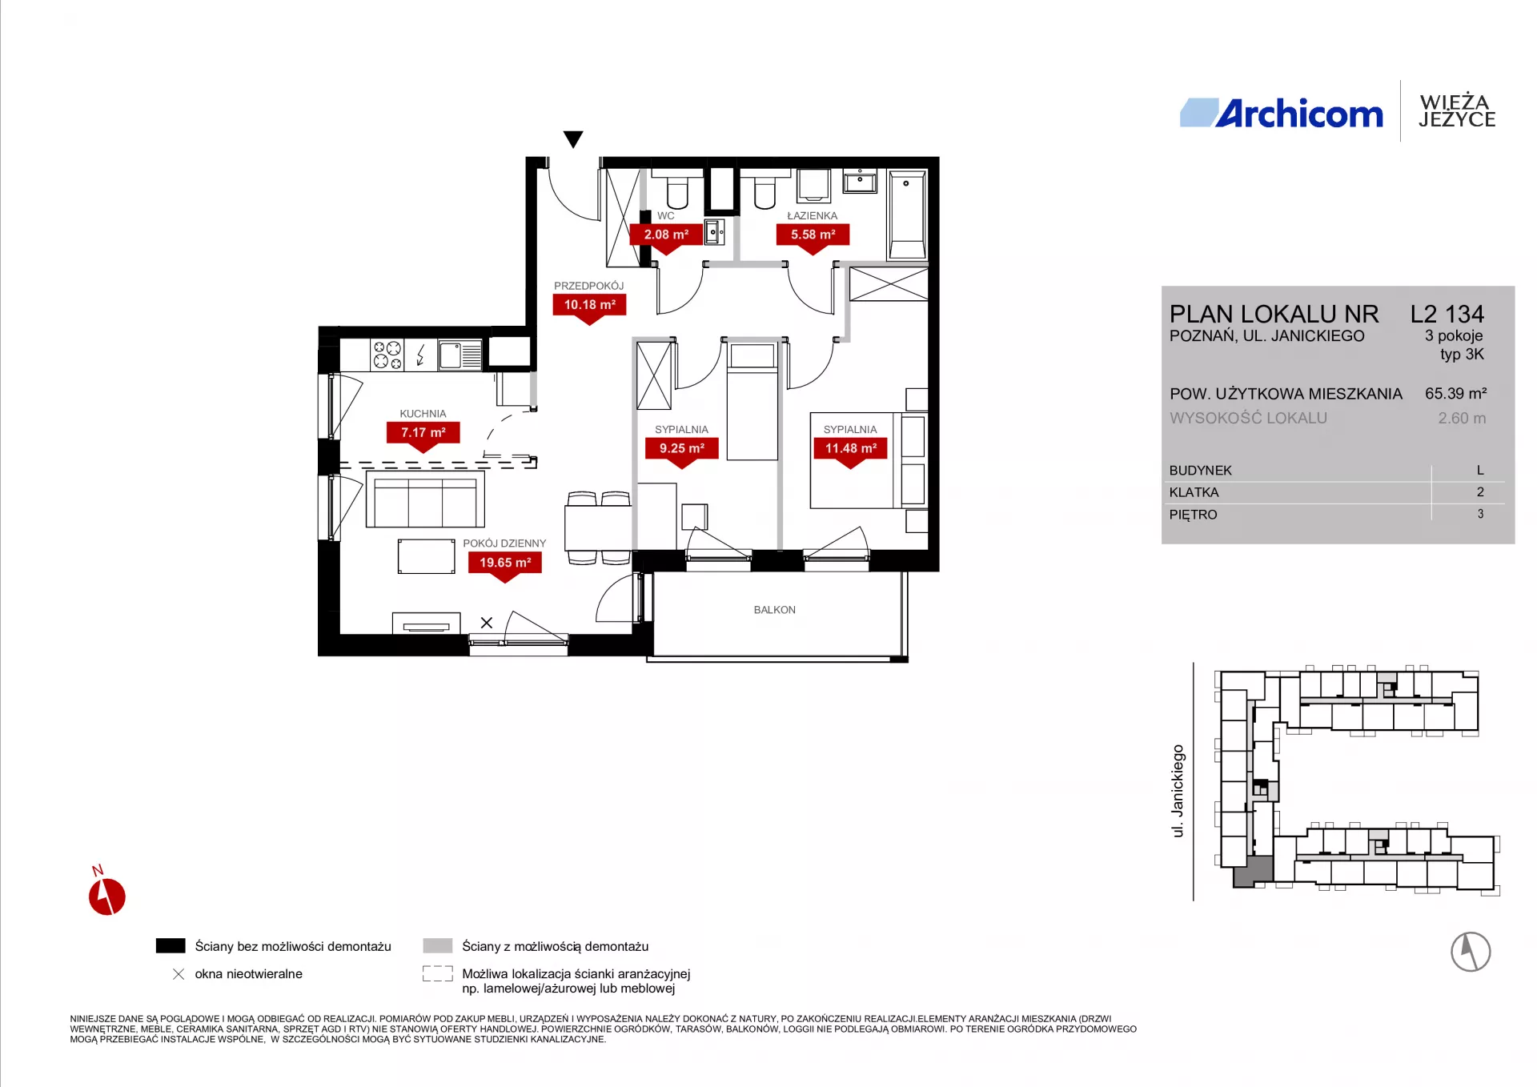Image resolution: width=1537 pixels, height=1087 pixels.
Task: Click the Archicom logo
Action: pos(1281,113)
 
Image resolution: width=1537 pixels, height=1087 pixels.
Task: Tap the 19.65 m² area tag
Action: pos(505,564)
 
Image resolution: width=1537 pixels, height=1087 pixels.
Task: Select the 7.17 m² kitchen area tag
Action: pos(423,434)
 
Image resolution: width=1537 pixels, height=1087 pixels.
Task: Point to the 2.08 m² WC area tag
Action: pos(666,235)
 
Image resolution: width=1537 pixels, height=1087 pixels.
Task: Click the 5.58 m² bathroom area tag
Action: pos(813,235)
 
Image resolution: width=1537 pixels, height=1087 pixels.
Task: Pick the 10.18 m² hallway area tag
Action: pos(590,306)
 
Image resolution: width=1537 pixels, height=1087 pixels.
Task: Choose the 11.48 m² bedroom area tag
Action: pos(850,449)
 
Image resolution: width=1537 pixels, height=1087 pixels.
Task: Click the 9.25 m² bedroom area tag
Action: pos(682,449)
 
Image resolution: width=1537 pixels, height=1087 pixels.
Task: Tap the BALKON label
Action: pos(775,610)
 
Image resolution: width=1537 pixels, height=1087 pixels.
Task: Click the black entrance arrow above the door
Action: pos(573,139)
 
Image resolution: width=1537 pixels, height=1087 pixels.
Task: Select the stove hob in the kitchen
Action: pos(387,355)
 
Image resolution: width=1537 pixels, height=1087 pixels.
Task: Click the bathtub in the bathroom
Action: pos(907,215)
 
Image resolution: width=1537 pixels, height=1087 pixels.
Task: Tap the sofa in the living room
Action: pos(425,499)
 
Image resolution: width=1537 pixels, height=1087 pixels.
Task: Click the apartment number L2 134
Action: pos(1447,314)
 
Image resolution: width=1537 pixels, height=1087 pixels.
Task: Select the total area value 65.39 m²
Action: pos(1455,394)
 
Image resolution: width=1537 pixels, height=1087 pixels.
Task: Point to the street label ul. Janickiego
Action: pos(1178,791)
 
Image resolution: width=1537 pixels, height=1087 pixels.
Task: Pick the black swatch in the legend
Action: pos(171,946)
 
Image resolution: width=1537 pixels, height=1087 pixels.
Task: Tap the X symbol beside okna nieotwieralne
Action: pos(179,974)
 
